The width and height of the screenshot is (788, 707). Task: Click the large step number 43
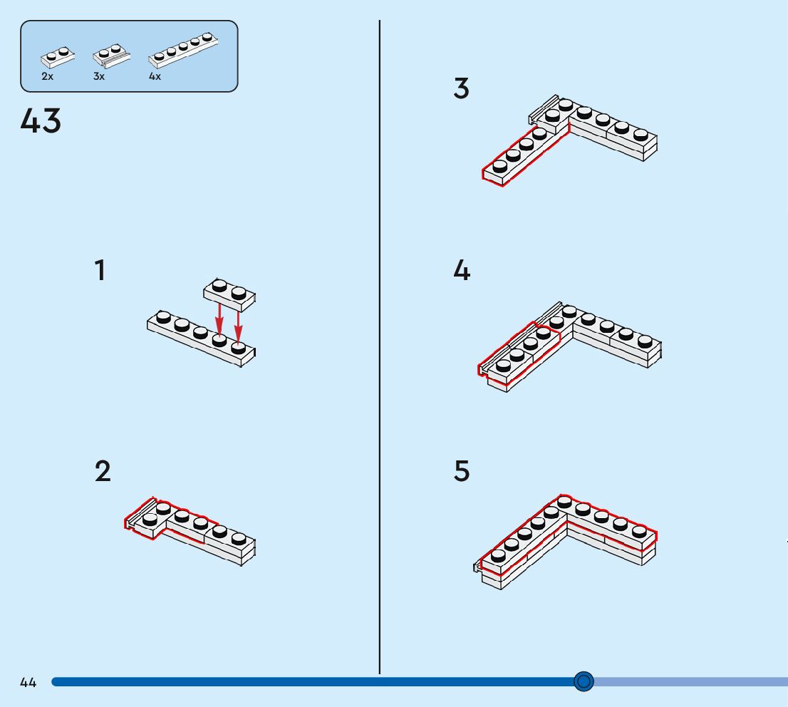tap(41, 121)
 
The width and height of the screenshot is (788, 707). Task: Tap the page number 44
tap(28, 683)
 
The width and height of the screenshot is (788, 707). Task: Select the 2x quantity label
tap(47, 76)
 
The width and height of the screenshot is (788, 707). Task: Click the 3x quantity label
tap(98, 76)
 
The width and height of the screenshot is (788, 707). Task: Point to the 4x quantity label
tap(155, 76)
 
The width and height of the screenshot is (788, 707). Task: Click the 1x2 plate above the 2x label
tap(57, 56)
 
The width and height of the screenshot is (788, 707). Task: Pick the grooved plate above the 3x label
tap(111, 54)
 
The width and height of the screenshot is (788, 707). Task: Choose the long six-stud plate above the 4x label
tap(183, 49)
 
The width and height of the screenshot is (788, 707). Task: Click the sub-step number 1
tap(100, 271)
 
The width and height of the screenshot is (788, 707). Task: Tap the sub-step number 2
tap(103, 472)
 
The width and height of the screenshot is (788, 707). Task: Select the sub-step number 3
tap(461, 89)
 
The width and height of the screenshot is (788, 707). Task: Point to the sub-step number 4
tap(462, 271)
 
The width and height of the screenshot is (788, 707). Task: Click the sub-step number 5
tap(462, 472)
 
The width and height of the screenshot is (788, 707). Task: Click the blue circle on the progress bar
tap(583, 682)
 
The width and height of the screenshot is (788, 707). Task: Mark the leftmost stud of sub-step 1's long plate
tap(163, 316)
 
